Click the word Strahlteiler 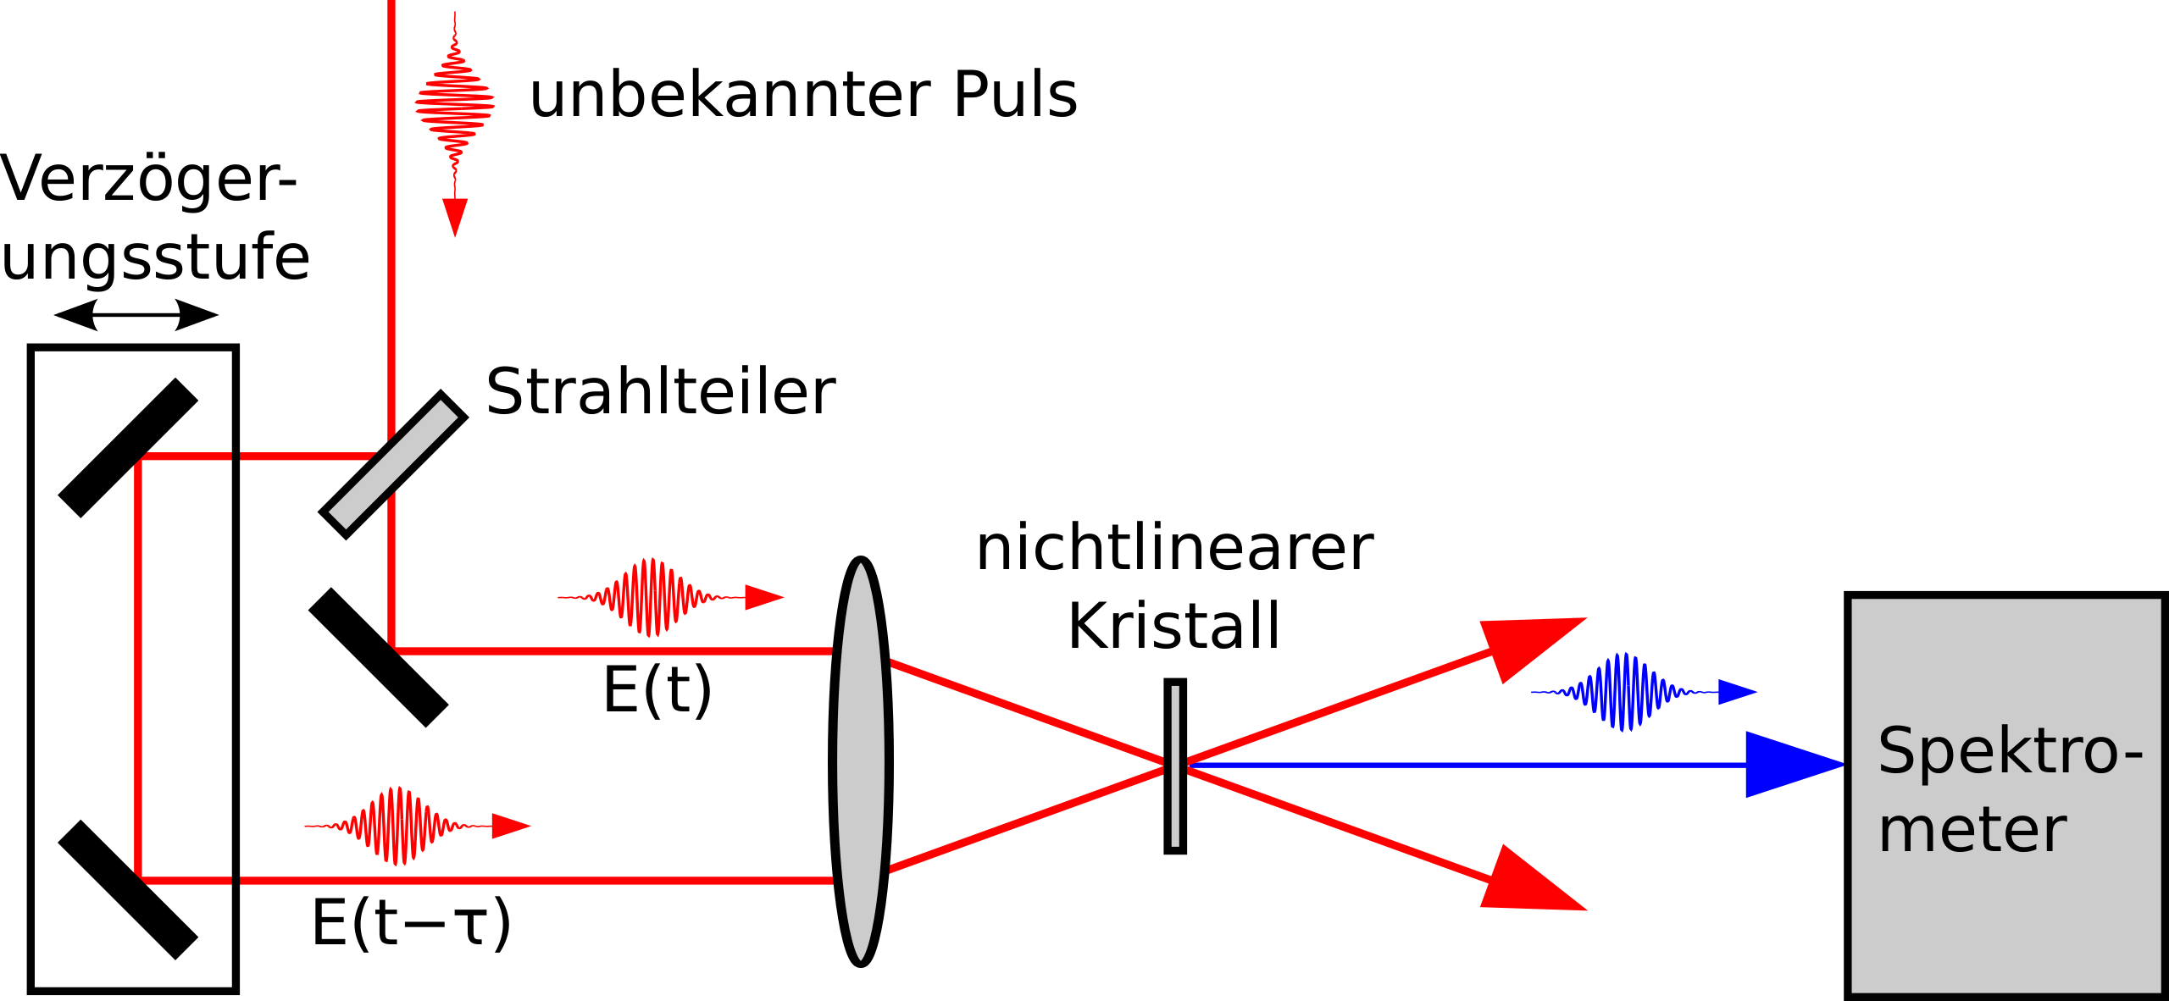click(x=661, y=392)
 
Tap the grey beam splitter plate click(x=393, y=465)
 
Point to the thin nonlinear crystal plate click(x=1175, y=766)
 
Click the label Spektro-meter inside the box click(x=2010, y=790)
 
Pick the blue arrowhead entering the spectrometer click(x=1795, y=765)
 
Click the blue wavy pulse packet click(x=1644, y=692)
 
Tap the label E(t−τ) click(x=412, y=922)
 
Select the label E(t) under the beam click(x=657, y=690)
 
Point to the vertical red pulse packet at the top click(x=455, y=124)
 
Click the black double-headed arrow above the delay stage click(x=136, y=315)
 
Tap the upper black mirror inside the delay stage click(x=128, y=448)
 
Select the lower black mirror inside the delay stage click(x=128, y=890)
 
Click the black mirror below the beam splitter click(x=379, y=658)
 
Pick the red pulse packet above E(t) click(x=671, y=597)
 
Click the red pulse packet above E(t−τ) click(x=418, y=826)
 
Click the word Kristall click(x=1174, y=627)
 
